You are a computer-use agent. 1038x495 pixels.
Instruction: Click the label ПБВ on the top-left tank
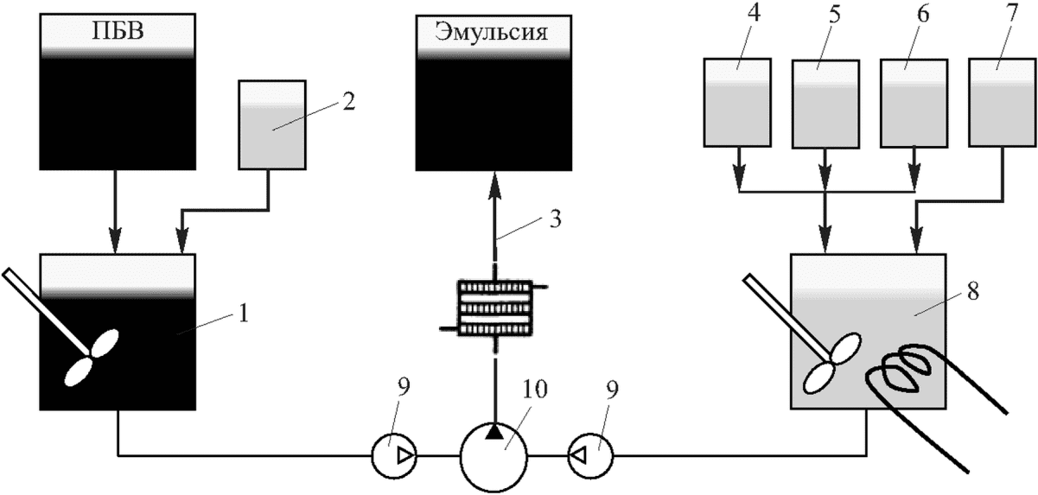[118, 31]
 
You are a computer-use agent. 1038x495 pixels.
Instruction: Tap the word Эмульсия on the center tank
[492, 33]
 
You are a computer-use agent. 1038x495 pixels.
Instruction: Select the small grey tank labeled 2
[272, 125]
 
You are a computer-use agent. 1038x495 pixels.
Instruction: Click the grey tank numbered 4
[737, 102]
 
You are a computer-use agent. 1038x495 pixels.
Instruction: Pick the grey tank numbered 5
[825, 104]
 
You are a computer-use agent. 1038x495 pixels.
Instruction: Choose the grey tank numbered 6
[914, 103]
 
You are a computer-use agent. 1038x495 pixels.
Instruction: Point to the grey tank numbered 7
[1003, 103]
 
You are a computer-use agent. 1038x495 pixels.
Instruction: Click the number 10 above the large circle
[534, 390]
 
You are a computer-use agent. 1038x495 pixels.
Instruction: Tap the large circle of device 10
[494, 457]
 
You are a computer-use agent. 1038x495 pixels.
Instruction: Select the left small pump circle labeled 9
[394, 457]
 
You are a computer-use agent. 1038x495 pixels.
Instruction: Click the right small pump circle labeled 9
[591, 457]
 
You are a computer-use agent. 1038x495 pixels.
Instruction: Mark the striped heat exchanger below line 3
[494, 308]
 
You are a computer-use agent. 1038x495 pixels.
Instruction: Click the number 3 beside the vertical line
[555, 219]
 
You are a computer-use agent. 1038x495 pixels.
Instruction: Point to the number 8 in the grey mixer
[973, 292]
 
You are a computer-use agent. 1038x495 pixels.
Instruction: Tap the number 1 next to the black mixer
[243, 314]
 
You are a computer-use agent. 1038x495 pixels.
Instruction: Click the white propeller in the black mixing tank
[92, 358]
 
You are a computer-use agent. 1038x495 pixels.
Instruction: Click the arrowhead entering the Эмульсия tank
[494, 183]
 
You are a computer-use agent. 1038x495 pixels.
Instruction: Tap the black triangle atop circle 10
[494, 432]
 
